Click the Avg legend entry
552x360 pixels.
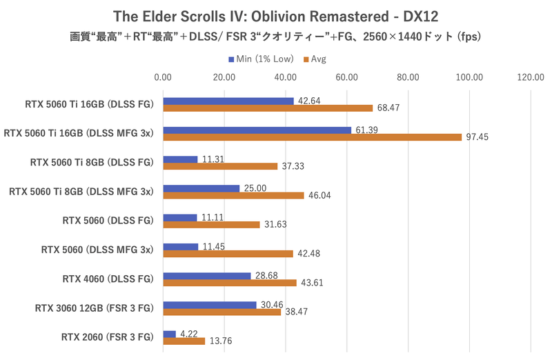[x=315, y=59]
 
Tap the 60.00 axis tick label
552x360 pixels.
[x=347, y=77]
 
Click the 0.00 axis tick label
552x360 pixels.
[x=163, y=77]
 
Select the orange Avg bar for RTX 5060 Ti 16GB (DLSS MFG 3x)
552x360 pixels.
[x=312, y=137]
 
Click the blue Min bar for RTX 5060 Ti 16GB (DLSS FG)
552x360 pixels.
[x=228, y=101]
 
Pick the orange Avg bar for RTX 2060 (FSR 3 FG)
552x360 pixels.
[x=184, y=341]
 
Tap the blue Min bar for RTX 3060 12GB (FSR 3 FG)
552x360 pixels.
[x=209, y=304]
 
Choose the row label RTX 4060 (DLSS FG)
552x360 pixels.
[x=107, y=279]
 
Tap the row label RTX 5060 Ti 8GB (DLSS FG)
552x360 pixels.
[x=91, y=163]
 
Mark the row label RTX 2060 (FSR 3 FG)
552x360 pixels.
[x=106, y=338]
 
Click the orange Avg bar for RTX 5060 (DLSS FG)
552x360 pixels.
[x=211, y=224]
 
